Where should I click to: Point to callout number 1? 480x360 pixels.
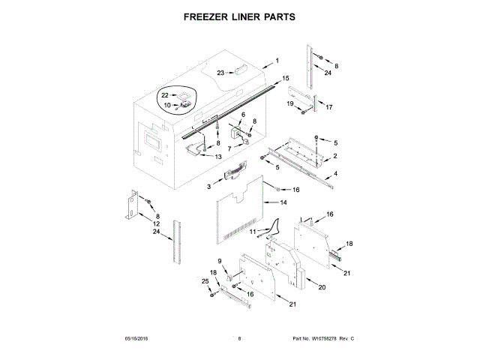(276, 60)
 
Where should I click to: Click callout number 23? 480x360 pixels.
(220, 73)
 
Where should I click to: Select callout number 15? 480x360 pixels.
(285, 78)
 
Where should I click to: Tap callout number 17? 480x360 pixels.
(328, 107)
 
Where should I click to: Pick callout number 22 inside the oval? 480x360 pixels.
(165, 95)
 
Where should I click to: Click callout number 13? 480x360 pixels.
(217, 157)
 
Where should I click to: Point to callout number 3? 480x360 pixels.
(210, 186)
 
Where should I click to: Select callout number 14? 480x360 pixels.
(283, 202)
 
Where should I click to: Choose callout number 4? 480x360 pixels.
(336, 174)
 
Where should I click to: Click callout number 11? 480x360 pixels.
(253, 232)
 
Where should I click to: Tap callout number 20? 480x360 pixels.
(322, 287)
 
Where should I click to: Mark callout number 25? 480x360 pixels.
(205, 281)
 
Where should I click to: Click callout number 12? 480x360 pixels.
(156, 223)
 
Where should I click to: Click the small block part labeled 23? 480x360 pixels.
(239, 70)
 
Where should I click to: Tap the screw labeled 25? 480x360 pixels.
(213, 294)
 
